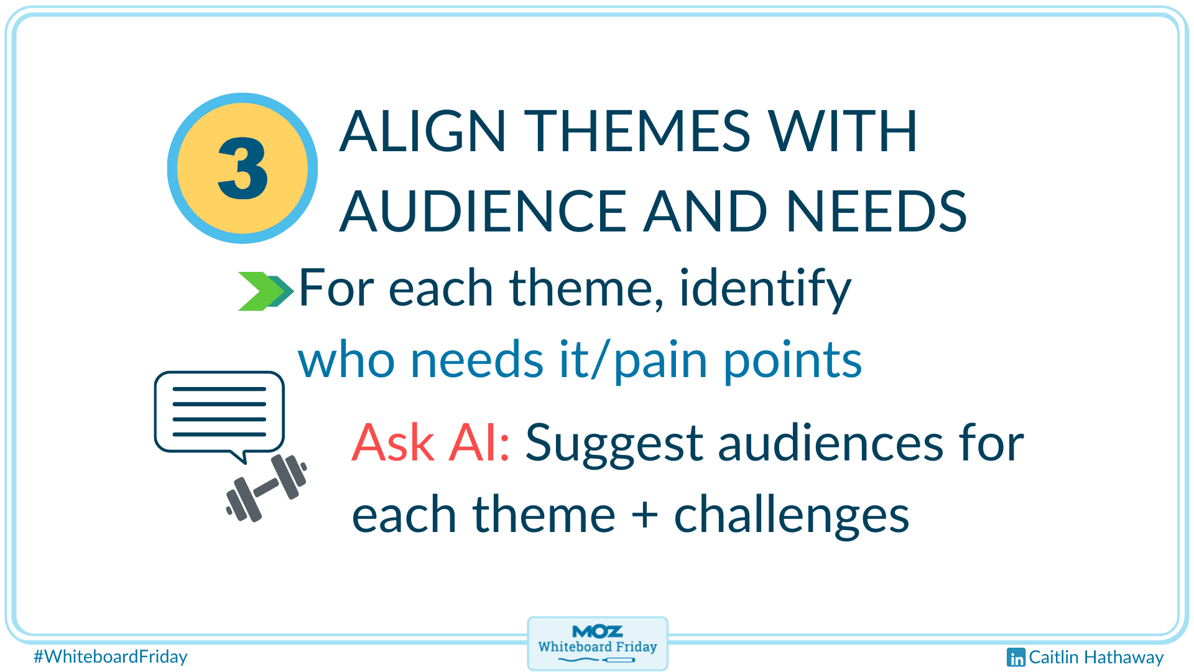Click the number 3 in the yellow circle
243,168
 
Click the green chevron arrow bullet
266,291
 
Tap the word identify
765,289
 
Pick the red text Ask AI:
431,442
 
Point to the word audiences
831,442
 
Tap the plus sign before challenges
645,515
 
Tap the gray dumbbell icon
266,488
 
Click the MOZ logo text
597,632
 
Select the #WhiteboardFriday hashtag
111,656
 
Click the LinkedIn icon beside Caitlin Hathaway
1016,657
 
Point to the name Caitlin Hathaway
1096,658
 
